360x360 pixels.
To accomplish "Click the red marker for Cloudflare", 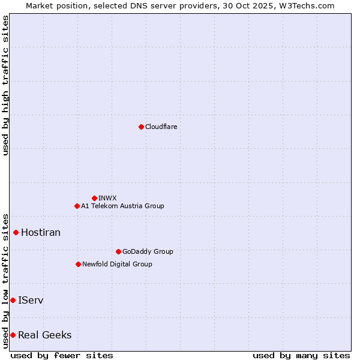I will tap(141, 127).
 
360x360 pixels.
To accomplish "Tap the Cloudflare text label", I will tap(161, 127).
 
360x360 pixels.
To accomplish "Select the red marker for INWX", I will tap(94, 198).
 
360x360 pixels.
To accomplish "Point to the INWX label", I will tap(107, 198).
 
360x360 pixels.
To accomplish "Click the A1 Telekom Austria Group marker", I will tap(77, 206).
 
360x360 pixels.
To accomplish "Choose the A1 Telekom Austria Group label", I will tap(122, 206).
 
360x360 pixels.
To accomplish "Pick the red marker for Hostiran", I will tap(16, 232).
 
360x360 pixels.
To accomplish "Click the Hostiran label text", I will tap(41, 232).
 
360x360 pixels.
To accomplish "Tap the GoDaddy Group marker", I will tap(118, 251).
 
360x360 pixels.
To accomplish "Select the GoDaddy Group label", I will tap(148, 251).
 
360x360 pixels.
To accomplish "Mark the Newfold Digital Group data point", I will tap(78, 264).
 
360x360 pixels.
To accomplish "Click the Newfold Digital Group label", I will tap(117, 264).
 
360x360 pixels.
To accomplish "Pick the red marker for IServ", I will tap(13, 300).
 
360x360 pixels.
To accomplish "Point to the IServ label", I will tap(31, 300).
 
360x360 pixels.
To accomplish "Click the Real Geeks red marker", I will tap(13, 335).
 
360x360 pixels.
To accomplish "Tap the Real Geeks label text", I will tap(45, 335).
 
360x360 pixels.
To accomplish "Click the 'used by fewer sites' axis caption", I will tap(62, 355).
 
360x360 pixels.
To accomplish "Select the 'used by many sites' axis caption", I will tap(301, 355).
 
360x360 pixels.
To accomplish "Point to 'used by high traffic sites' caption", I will tap(5, 85).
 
